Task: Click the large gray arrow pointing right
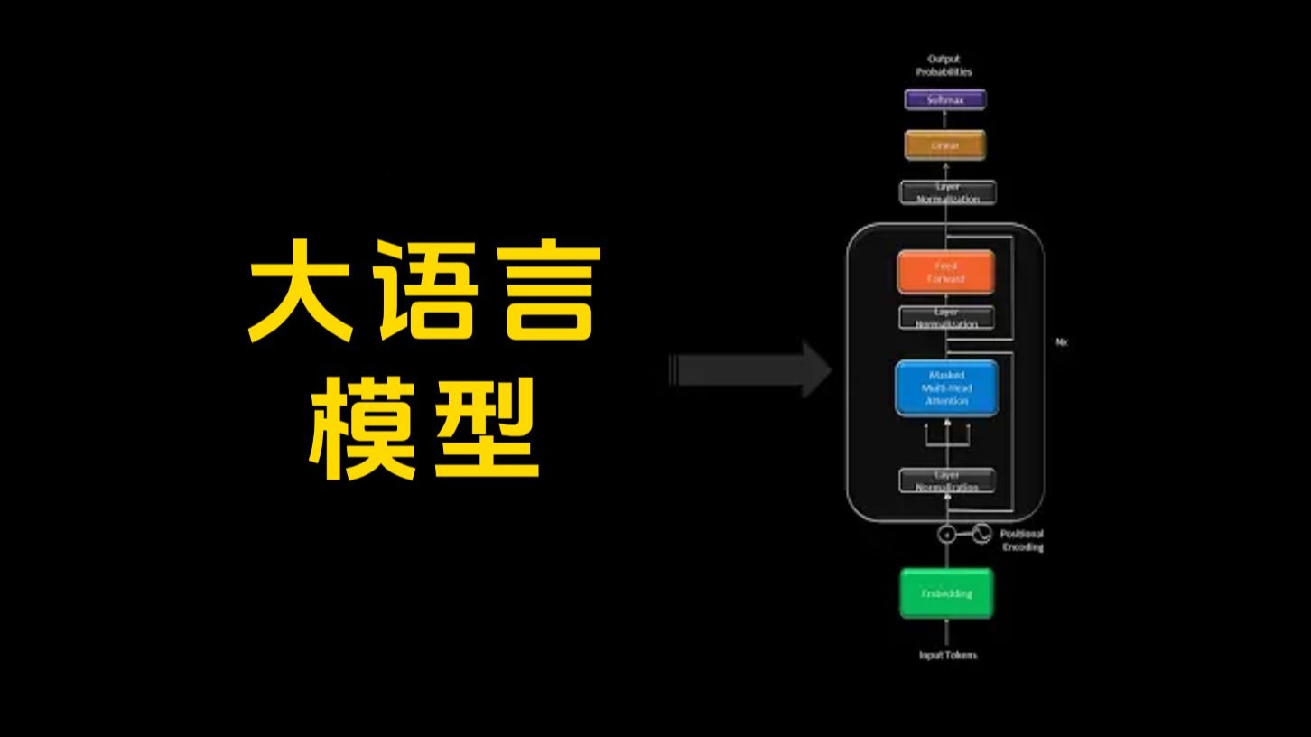pos(750,369)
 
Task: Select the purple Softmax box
pos(945,99)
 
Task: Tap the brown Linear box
pos(945,145)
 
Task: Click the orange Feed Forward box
pos(945,272)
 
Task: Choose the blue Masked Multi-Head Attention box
pos(946,387)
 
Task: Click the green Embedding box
pos(946,593)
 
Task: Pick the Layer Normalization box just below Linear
pos(947,192)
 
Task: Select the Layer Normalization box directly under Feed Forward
pos(945,318)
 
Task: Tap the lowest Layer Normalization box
pos(946,480)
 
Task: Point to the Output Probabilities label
pos(944,65)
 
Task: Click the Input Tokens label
pos(947,655)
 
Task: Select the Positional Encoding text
pos(1022,540)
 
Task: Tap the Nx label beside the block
pos(1061,342)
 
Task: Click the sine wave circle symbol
pos(981,534)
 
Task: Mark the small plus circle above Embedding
pos(946,534)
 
